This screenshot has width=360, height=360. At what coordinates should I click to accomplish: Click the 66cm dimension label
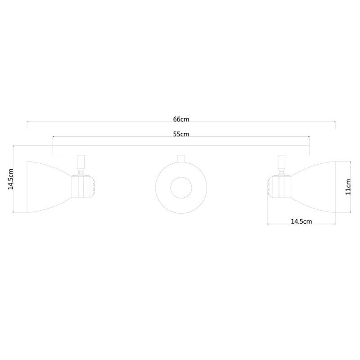point(181,119)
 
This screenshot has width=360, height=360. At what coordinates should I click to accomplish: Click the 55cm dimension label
point(181,134)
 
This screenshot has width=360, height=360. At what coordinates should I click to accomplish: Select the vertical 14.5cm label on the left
point(10,179)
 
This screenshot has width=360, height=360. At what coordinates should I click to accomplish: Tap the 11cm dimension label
point(348,187)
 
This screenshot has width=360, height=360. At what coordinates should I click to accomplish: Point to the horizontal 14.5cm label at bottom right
point(301,221)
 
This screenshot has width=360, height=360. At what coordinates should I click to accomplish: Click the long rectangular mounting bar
point(181,150)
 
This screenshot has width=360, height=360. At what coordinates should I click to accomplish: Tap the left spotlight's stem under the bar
point(81,162)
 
